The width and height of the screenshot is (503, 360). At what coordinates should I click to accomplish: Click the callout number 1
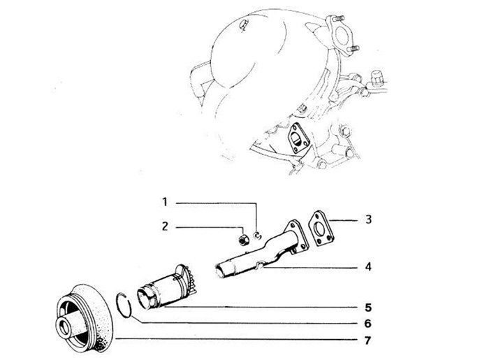[165, 203]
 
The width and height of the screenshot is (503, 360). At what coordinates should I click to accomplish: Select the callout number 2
[165, 226]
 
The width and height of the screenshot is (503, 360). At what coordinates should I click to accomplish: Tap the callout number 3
[369, 219]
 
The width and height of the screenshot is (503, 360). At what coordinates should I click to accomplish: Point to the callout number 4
[368, 266]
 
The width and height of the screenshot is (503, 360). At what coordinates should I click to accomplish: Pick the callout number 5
[368, 308]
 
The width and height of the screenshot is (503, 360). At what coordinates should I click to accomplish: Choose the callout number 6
[368, 323]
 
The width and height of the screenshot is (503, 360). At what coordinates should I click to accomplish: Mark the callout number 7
[368, 340]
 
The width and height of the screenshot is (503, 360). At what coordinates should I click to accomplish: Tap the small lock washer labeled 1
[257, 236]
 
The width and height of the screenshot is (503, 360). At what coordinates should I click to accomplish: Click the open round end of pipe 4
[220, 271]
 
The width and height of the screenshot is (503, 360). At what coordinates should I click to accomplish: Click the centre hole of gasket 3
[320, 229]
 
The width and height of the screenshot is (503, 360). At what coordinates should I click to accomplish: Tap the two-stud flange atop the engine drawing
[341, 36]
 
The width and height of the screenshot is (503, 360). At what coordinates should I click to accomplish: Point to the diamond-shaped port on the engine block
[298, 138]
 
